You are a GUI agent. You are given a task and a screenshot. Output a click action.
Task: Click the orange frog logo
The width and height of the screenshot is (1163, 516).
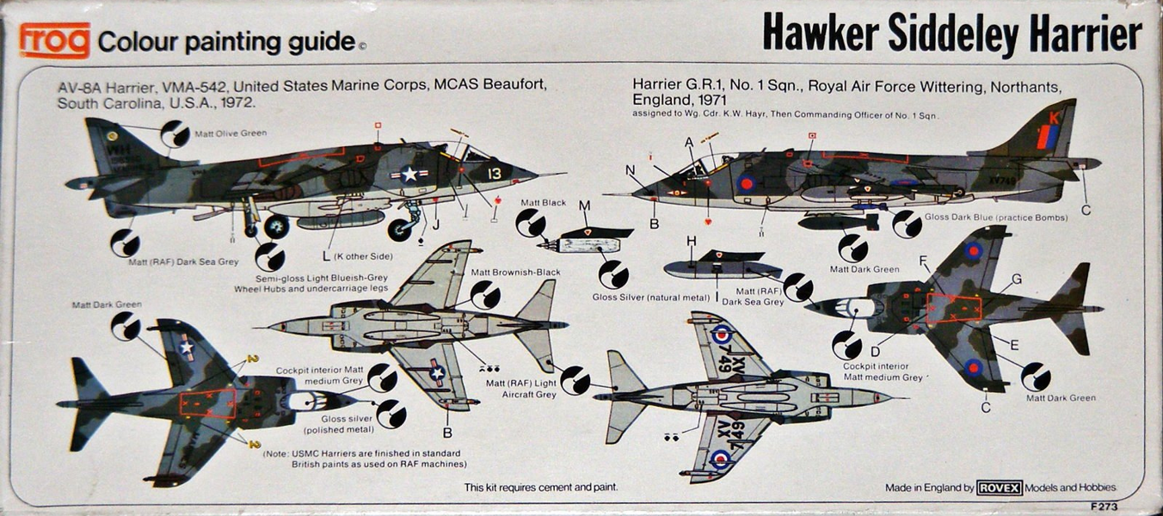(55, 40)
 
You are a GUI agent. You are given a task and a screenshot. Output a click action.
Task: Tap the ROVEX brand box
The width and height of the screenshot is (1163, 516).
(999, 488)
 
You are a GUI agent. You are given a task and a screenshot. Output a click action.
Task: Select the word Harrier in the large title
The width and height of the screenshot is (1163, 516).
(1081, 36)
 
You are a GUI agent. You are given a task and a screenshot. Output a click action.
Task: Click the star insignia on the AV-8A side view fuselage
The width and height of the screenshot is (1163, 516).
(409, 175)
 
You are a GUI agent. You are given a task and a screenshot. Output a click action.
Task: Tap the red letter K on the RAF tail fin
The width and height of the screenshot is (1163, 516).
(1055, 115)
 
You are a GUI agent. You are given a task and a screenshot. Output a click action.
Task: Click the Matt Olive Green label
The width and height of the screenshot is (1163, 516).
(230, 133)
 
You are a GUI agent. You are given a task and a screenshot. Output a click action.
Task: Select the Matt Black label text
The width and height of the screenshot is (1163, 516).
(543, 203)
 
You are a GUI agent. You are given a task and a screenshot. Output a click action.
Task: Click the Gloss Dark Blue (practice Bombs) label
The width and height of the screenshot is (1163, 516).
(996, 218)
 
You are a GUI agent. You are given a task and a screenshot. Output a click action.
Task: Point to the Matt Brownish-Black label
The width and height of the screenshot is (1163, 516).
(515, 273)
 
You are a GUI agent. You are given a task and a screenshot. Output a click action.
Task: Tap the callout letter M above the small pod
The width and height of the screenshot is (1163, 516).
(584, 206)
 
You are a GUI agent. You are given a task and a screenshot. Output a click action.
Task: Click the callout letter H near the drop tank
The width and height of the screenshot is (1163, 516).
(691, 241)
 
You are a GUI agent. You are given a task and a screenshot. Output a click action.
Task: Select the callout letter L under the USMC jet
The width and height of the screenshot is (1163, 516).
(325, 256)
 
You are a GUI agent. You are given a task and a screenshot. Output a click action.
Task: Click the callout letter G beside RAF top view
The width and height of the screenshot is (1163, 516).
(1017, 279)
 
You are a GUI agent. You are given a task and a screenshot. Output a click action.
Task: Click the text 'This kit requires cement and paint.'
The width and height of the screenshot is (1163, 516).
(540, 488)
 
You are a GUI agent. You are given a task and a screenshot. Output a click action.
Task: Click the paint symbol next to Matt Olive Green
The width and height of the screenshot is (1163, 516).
(175, 133)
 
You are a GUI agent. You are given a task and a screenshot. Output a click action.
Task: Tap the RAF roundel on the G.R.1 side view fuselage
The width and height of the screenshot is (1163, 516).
(746, 182)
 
